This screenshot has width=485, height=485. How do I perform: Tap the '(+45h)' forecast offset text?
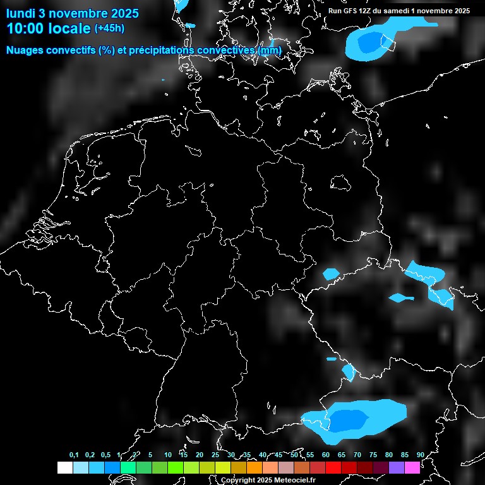click(x=109, y=28)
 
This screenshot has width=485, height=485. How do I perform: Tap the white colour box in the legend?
click(x=64, y=467)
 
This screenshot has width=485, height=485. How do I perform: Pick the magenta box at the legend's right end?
click(x=412, y=467)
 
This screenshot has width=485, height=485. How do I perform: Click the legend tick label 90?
click(x=421, y=455)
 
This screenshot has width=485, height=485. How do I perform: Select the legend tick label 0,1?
click(x=73, y=455)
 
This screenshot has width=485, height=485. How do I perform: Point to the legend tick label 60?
click(x=326, y=455)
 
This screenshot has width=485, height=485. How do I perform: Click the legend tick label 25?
click(x=215, y=455)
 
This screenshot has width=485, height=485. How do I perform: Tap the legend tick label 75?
click(x=373, y=455)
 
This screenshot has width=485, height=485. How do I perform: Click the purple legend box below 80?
click(x=397, y=467)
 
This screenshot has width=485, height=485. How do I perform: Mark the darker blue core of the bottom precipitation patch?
click(x=349, y=419)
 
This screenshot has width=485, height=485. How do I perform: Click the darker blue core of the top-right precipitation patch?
click(x=369, y=43)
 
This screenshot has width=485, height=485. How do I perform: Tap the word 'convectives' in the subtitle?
click(x=225, y=50)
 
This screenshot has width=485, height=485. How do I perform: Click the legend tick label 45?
click(x=278, y=455)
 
